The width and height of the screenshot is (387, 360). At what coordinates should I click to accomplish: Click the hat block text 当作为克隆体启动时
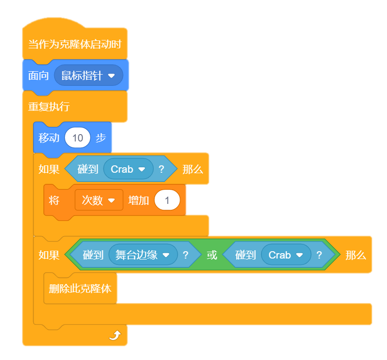[75, 44]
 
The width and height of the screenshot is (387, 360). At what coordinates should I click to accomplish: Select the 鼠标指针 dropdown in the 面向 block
[88, 76]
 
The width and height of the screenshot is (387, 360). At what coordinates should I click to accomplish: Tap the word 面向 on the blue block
[38, 76]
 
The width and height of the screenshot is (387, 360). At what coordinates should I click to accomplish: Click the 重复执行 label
[49, 107]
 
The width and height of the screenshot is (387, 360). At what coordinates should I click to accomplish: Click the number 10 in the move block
[78, 138]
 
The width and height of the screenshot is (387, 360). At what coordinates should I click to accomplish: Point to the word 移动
[49, 138]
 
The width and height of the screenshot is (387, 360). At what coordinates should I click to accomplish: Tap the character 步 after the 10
[101, 138]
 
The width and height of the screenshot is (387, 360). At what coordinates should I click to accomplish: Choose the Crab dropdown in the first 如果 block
[128, 169]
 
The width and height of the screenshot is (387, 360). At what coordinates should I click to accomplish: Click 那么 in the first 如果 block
[192, 169]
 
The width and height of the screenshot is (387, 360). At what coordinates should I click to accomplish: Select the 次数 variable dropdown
[99, 200]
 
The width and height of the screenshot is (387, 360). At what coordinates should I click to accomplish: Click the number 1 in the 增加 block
[167, 200]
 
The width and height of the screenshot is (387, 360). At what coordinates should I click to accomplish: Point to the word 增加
[139, 200]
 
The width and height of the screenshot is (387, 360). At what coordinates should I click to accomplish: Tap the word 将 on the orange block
[54, 200]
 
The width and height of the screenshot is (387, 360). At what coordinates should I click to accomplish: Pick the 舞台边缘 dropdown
[143, 255]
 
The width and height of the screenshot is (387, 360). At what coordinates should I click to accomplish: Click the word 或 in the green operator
[212, 255]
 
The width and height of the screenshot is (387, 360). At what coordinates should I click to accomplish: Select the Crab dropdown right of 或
[286, 255]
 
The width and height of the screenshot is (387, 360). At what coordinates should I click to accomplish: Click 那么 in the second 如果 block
[355, 255]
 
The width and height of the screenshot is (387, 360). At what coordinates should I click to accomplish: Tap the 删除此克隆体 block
[80, 288]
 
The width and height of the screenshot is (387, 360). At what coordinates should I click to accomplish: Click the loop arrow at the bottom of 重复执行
[115, 335]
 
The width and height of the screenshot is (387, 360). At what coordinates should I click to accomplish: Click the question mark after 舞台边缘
[185, 255]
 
